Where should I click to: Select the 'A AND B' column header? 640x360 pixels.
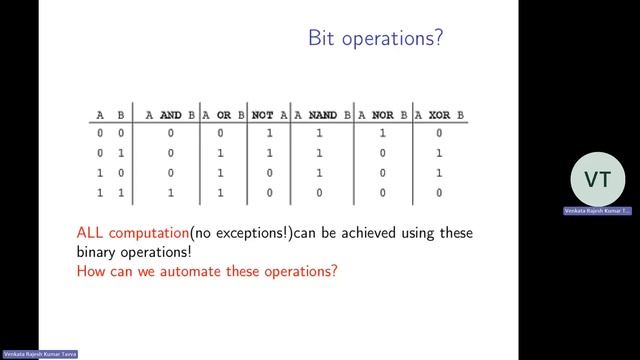(x=171, y=115)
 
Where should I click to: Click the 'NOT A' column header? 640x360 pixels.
(x=270, y=115)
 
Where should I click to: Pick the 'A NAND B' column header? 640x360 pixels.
(x=321, y=115)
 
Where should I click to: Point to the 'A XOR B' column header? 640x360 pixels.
(x=439, y=115)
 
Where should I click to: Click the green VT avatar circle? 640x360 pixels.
(x=597, y=180)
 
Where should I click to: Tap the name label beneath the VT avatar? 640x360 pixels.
(x=597, y=212)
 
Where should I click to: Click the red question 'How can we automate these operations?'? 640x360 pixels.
(x=207, y=271)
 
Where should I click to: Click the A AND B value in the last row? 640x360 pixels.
(x=171, y=192)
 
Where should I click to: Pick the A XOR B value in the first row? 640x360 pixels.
(x=439, y=132)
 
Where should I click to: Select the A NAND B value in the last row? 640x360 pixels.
(x=320, y=192)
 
